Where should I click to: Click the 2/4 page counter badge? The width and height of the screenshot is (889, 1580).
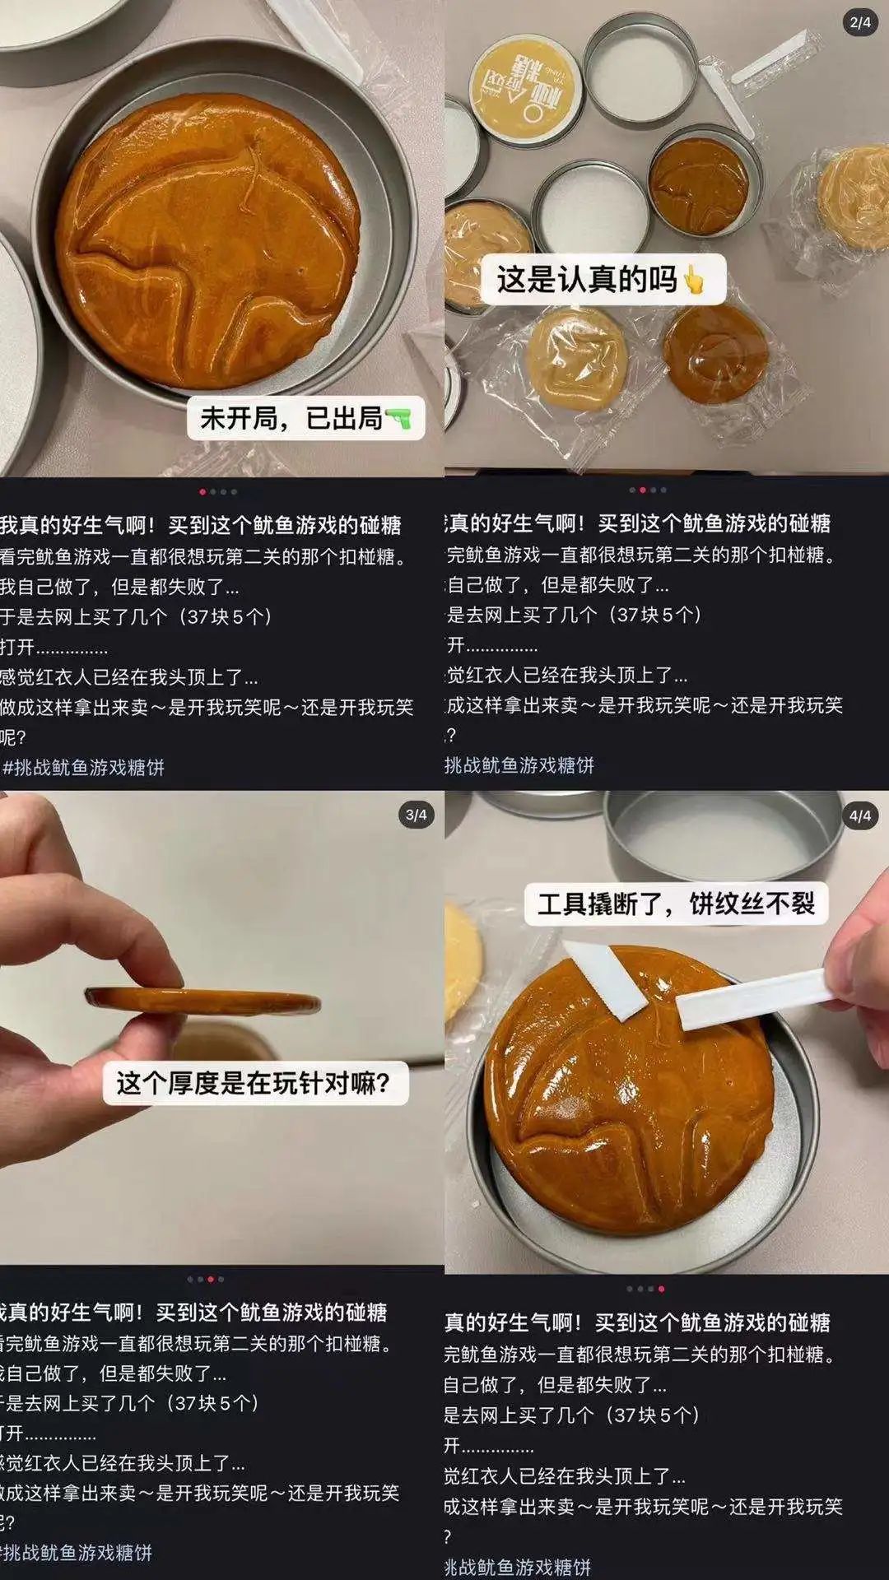pyautogui.click(x=860, y=22)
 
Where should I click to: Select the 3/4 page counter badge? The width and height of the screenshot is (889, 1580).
pyautogui.click(x=417, y=815)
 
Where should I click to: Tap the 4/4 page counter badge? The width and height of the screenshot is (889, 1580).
pyautogui.click(x=860, y=816)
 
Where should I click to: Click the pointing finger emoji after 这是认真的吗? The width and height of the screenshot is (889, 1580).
pyautogui.click(x=694, y=281)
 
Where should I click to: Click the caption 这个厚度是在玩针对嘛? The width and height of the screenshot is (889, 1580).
pyautogui.click(x=254, y=1082)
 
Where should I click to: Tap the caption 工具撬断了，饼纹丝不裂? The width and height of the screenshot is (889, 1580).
pyautogui.click(x=676, y=904)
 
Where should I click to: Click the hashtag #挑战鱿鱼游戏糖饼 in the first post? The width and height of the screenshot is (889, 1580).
pyautogui.click(x=83, y=768)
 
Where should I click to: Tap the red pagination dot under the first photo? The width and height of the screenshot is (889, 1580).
pyautogui.click(x=202, y=492)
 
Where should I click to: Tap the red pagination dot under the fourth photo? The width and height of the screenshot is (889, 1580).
pyautogui.click(x=661, y=1289)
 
